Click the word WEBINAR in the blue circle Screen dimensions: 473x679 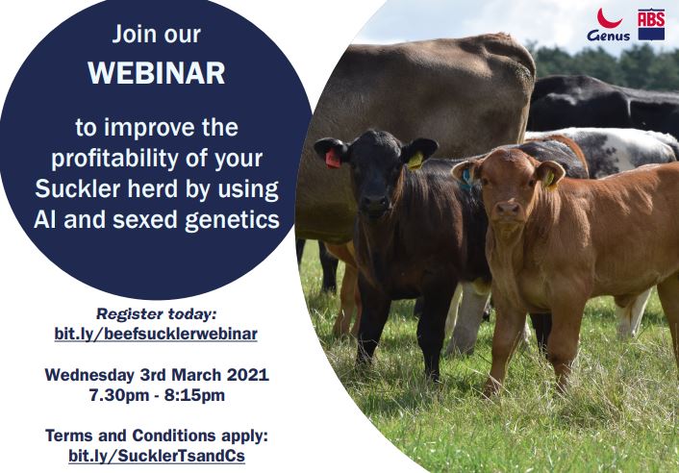156,74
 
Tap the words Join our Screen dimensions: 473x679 156,36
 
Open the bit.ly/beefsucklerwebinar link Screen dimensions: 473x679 156,334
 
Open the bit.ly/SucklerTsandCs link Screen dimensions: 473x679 156,455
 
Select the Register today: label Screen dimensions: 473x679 156,313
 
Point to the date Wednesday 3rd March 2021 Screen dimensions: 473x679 156,374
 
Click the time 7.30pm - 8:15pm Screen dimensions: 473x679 156,394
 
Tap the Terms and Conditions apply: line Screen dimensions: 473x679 156,436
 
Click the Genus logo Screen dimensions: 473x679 608,26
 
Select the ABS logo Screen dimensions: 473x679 651,24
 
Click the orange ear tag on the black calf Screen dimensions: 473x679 333,159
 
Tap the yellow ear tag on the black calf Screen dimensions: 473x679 415,161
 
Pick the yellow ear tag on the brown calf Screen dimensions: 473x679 548,178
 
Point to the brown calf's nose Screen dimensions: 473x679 509,209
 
